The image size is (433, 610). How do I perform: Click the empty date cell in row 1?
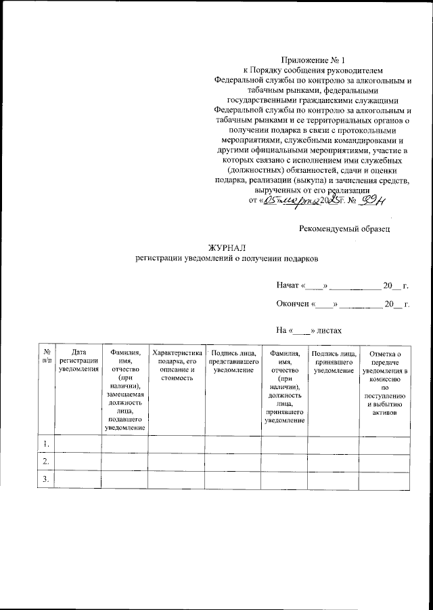coord(78,445)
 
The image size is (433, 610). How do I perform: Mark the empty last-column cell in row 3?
coord(384,480)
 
